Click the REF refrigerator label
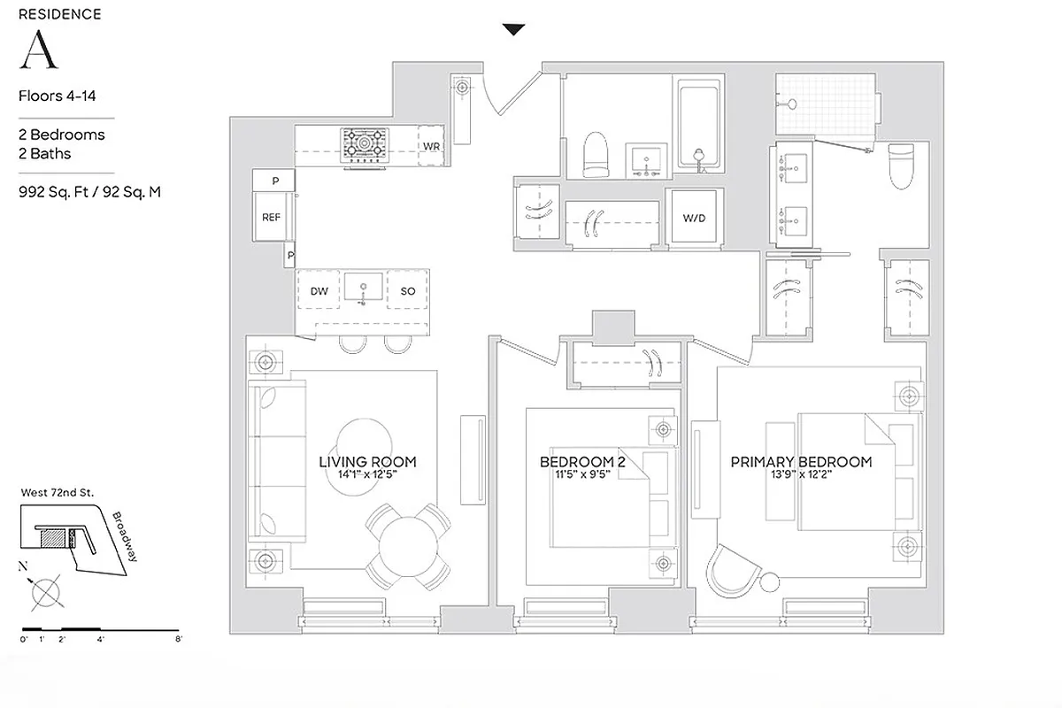pyautogui.click(x=271, y=217)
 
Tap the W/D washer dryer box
pyautogui.click(x=694, y=218)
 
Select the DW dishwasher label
pyautogui.click(x=319, y=290)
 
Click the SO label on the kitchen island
pyautogui.click(x=408, y=290)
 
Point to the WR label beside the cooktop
pyautogui.click(x=431, y=145)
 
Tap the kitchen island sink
pyautogui.click(x=363, y=288)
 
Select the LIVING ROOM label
pyautogui.click(x=367, y=462)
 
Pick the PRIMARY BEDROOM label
pyautogui.click(x=800, y=462)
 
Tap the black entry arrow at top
pyautogui.click(x=513, y=30)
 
